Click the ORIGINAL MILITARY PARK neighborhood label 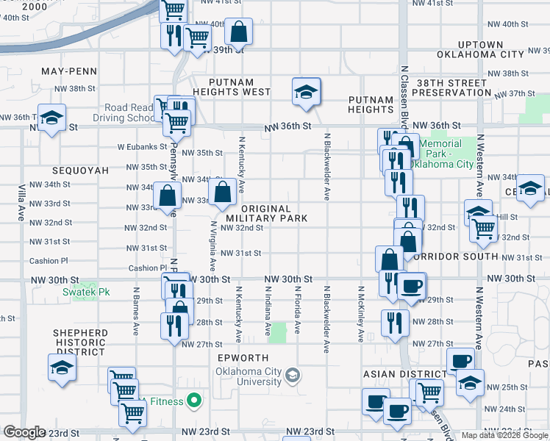pyautogui.click(x=266, y=213)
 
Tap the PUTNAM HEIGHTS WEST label pyautogui.click(x=230, y=87)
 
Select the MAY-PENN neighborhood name pyautogui.click(x=69, y=71)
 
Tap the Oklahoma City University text pyautogui.click(x=249, y=376)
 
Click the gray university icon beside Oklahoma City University pyautogui.click(x=293, y=376)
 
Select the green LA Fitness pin pyautogui.click(x=194, y=401)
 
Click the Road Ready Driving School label pyautogui.click(x=129, y=112)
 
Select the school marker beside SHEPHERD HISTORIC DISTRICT pyautogui.click(x=63, y=368)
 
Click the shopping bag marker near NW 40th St pyautogui.click(x=238, y=32)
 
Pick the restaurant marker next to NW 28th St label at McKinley pyautogui.click(x=395, y=322)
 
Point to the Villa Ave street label pyautogui.click(x=22, y=203)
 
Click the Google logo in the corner pyautogui.click(x=24, y=431)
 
